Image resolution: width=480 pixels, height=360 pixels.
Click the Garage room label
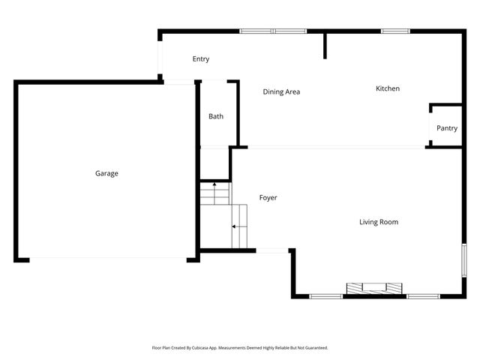[x=106, y=173]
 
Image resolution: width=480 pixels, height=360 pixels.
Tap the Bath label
[x=216, y=116]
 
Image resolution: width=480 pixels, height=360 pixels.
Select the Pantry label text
[x=447, y=128]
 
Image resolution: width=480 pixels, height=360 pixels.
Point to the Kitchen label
[x=388, y=88]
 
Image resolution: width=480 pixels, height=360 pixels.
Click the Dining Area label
[x=281, y=91]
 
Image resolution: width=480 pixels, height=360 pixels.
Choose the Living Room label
[x=378, y=221]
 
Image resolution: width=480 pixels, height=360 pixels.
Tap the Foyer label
[x=268, y=197]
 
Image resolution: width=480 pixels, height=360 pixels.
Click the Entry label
[x=200, y=59]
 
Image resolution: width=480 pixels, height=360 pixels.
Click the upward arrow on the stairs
[x=214, y=184]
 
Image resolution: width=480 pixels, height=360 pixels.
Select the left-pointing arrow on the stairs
[x=235, y=226]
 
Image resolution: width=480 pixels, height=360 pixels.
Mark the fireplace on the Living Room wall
[x=373, y=288]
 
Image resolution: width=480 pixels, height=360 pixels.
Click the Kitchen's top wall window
[x=394, y=31]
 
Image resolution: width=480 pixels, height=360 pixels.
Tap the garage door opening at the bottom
[x=109, y=259]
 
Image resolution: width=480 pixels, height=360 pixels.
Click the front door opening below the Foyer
[x=273, y=250]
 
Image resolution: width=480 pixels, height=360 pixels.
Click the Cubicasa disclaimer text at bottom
[x=240, y=348]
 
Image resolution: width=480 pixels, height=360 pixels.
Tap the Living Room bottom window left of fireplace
[x=326, y=296]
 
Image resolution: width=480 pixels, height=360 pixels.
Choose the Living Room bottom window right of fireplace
[x=422, y=296]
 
